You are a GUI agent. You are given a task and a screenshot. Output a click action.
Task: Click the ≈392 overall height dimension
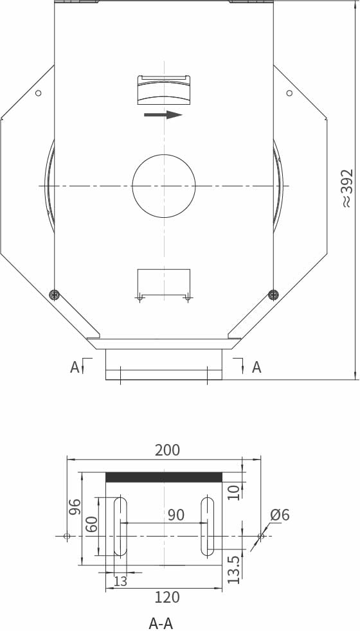coord(348,188)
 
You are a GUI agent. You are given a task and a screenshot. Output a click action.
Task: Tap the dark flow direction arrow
coord(163,114)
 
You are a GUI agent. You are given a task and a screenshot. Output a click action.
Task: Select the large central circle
coord(164,186)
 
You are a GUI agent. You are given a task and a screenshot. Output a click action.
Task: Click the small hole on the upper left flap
coord(39,93)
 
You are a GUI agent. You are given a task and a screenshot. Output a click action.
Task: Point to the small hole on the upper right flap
coord(289,93)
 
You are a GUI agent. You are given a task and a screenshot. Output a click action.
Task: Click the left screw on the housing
coord(54,294)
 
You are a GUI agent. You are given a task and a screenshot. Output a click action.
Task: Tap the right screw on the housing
coord(273,294)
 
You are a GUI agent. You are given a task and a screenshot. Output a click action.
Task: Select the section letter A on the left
coord(75,367)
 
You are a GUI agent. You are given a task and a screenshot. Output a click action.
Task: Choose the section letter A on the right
coord(256,367)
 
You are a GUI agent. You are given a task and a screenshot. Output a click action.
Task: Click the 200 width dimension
coord(168,450)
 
